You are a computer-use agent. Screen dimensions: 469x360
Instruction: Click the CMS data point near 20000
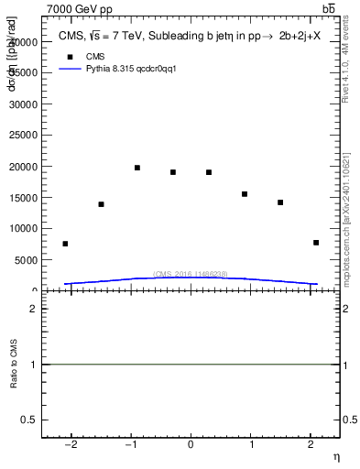pos(137,168)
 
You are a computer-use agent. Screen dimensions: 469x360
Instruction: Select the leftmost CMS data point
pos(65,244)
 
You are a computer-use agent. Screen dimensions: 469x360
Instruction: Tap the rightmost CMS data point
pos(316,243)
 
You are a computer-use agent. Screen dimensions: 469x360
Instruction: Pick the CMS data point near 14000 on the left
pos(101,204)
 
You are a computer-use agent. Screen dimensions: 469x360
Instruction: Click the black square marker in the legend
pos(67,56)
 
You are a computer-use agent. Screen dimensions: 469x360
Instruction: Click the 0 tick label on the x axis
pos(191,444)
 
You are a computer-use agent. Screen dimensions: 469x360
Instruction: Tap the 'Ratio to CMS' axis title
pos(14,365)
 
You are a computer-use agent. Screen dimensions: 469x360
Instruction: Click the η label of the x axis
pos(335,457)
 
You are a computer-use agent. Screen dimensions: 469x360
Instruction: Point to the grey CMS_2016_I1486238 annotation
pos(190,274)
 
